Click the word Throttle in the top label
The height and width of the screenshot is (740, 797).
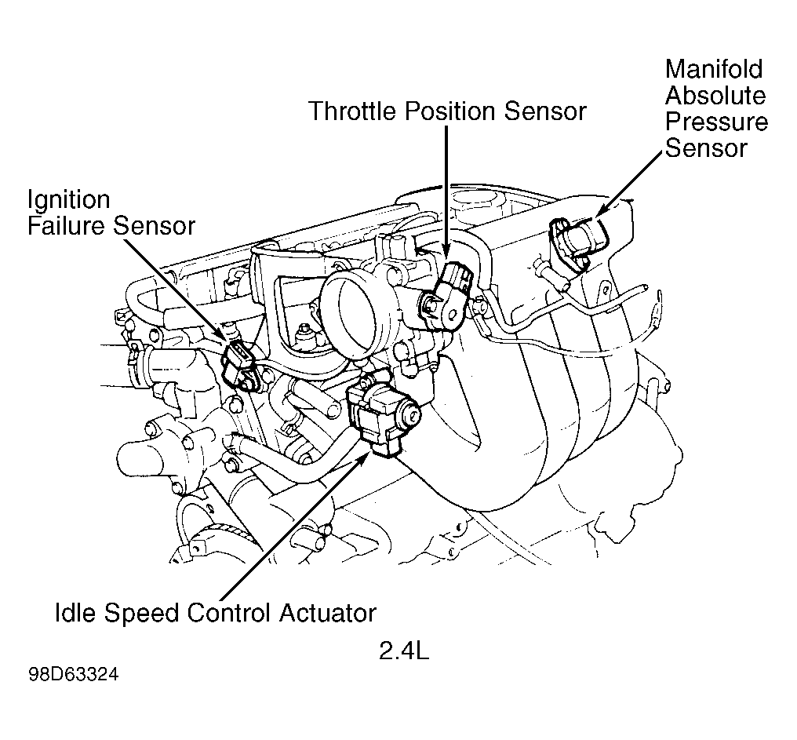point(353,111)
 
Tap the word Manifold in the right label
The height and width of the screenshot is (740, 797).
point(713,69)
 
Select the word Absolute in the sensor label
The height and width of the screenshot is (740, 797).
point(715,96)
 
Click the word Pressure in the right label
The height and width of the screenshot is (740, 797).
point(716,122)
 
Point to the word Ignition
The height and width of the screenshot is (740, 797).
point(69,199)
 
